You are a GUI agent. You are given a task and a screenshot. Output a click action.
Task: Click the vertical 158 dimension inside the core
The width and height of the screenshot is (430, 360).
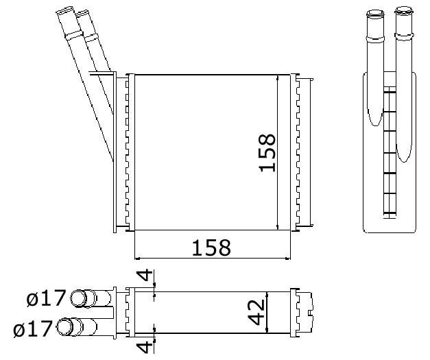(x=267, y=152)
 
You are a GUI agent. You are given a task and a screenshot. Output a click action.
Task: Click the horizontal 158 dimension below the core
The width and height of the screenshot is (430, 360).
(x=211, y=248)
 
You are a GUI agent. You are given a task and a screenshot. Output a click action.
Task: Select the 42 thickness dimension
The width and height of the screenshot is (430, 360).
(x=256, y=312)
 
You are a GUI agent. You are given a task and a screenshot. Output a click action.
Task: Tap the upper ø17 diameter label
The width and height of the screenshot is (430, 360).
(x=47, y=298)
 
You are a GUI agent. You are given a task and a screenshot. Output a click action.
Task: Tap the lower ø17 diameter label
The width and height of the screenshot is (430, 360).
(x=33, y=328)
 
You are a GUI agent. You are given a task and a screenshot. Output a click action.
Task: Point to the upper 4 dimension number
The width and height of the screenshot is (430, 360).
(x=145, y=275)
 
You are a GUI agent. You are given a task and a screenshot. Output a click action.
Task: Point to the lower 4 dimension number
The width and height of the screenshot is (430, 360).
(x=145, y=347)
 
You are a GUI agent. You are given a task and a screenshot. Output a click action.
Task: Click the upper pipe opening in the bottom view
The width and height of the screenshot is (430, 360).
(x=78, y=298)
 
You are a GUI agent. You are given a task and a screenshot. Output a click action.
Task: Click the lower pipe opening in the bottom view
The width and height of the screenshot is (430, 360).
(x=65, y=326)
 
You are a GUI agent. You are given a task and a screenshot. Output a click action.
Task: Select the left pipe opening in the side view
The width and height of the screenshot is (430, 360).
(x=375, y=13)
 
